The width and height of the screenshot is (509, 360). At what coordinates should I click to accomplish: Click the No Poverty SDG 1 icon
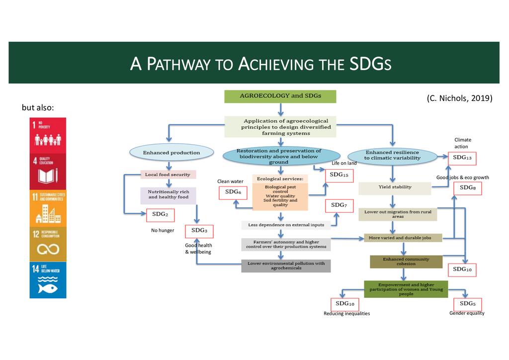(x=48, y=135)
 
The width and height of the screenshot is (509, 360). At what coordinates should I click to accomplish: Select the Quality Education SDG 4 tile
(x=48, y=171)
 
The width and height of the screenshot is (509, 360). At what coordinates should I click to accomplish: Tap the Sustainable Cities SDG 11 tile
(x=48, y=207)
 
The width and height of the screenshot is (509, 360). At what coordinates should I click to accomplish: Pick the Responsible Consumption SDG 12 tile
(x=48, y=243)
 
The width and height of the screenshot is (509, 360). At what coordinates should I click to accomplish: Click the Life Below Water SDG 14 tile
(x=48, y=280)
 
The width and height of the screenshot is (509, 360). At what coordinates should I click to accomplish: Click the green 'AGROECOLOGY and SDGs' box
(x=280, y=96)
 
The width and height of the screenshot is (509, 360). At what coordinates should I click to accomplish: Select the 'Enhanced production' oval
(x=171, y=153)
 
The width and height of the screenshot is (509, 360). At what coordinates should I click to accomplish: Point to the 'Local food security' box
(x=170, y=175)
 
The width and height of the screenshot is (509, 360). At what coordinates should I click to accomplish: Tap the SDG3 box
(x=199, y=231)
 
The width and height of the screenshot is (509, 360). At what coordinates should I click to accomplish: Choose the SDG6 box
(x=233, y=192)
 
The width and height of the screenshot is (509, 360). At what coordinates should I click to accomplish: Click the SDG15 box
(x=340, y=175)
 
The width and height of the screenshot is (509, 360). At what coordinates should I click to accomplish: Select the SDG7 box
(x=339, y=205)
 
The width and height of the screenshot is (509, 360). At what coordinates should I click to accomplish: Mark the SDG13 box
(x=462, y=158)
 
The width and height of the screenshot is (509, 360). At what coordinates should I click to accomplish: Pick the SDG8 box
(x=467, y=188)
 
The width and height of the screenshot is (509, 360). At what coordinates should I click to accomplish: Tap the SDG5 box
(x=467, y=304)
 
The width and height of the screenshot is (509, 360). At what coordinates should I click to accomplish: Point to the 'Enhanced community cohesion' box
(x=406, y=262)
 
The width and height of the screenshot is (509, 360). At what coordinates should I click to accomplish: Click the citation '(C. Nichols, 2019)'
(x=459, y=98)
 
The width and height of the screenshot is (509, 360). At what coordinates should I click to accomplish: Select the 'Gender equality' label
(x=467, y=313)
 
